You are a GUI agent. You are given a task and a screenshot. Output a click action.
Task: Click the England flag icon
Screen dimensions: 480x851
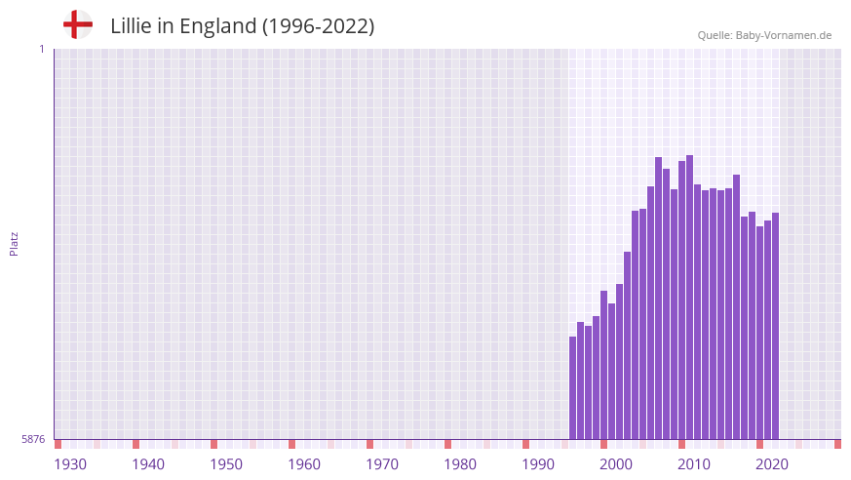[x=77, y=24]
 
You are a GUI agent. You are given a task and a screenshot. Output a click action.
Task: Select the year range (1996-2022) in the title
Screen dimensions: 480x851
[x=318, y=26]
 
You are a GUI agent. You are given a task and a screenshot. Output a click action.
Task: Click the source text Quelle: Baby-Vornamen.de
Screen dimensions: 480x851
[x=764, y=35]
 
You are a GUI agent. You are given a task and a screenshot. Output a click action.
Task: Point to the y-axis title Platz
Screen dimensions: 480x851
[x=14, y=244]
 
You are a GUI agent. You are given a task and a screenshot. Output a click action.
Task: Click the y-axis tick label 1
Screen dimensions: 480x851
[x=41, y=49]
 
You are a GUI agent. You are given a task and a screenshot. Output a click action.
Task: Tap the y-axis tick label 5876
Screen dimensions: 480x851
[x=33, y=440]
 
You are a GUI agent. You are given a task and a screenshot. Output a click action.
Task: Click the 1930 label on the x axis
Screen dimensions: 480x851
[x=70, y=464]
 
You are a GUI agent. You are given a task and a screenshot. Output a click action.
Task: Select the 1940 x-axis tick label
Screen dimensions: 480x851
[x=148, y=464]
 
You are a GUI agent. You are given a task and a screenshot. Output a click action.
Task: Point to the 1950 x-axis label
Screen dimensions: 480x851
[x=226, y=464]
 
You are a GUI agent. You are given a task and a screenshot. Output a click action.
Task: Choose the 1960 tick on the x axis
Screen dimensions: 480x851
[x=304, y=464]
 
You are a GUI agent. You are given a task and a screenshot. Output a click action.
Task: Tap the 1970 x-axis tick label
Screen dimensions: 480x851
[x=382, y=464]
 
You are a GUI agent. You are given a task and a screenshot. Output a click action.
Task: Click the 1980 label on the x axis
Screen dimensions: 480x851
[x=460, y=464]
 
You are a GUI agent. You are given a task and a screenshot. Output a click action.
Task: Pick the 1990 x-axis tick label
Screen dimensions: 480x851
[x=538, y=464]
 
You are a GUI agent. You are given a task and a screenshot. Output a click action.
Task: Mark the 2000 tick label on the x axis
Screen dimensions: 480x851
[x=616, y=464]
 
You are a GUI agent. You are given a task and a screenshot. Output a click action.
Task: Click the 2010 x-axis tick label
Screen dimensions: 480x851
[x=694, y=464]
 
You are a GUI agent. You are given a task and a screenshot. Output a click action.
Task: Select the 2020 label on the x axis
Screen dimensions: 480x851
[x=772, y=464]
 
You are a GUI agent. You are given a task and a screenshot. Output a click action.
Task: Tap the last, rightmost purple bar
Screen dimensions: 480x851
[x=775, y=327]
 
